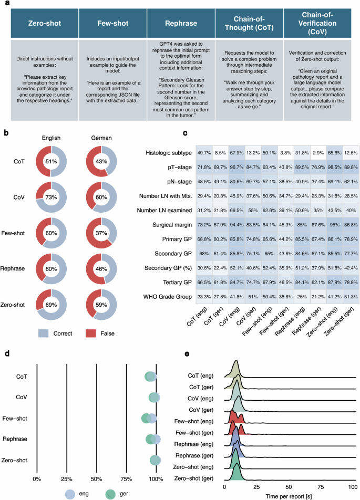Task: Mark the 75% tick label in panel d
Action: (x=127, y=480)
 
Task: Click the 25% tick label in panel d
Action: (x=66, y=480)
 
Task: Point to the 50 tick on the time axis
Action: (x=289, y=486)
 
